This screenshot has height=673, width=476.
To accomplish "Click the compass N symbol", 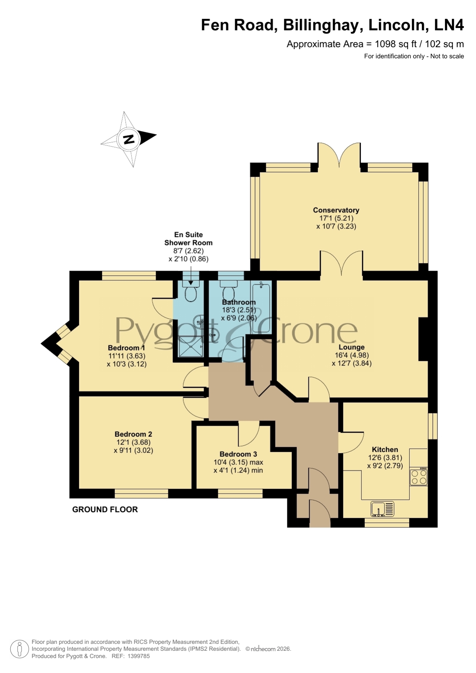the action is (x=129, y=139).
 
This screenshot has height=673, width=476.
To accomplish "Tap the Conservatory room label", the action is (x=336, y=210).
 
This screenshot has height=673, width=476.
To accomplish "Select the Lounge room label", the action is (x=351, y=347).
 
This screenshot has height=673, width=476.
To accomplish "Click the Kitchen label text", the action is (x=385, y=449).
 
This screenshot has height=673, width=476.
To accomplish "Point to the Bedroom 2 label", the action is (x=133, y=434).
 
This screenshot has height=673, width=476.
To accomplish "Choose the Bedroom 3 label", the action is (x=238, y=454).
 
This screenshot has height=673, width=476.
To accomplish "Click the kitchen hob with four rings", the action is (x=418, y=477).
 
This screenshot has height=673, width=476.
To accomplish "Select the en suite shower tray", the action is (x=191, y=347).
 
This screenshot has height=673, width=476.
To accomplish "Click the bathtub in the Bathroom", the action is (x=261, y=307).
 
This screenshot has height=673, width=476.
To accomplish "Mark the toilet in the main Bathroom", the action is (x=229, y=290).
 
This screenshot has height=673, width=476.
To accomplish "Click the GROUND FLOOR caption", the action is (x=105, y=509).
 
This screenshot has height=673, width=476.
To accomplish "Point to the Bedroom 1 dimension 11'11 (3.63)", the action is (x=127, y=356).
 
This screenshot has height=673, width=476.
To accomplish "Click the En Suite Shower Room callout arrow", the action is (x=191, y=275).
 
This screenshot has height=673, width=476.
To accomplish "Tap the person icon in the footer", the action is (x=19, y=649).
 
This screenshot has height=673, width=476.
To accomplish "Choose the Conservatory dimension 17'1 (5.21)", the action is (x=336, y=218).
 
